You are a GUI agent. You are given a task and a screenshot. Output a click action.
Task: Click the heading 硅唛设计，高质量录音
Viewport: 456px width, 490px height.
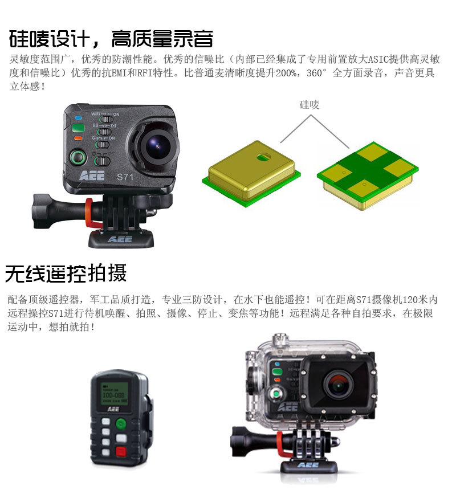click(x=111, y=39)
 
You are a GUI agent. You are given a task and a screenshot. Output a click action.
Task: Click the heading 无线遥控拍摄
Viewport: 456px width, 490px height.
click(x=66, y=273)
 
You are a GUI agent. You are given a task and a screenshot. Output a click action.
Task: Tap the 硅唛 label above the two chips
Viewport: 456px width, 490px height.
click(x=309, y=105)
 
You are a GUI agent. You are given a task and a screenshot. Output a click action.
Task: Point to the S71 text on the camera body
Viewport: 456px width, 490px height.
click(x=125, y=177)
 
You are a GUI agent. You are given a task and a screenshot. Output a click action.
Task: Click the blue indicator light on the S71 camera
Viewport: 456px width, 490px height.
click(x=78, y=118)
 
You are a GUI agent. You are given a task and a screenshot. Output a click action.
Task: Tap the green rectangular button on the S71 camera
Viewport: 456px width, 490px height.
click(x=78, y=128)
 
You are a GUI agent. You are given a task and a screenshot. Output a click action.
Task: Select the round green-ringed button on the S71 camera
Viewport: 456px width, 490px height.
click(x=78, y=157)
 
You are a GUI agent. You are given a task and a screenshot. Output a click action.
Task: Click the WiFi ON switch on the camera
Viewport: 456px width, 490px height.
click(x=106, y=119)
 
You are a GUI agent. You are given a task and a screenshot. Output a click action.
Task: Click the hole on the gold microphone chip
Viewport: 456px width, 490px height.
click(x=264, y=156)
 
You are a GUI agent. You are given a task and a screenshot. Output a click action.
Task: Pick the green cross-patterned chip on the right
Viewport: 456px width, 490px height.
click(x=368, y=175)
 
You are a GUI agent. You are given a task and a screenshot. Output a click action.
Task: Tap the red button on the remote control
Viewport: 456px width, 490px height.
click(x=121, y=451)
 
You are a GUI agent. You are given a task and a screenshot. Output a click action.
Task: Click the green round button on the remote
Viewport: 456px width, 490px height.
click(x=121, y=424)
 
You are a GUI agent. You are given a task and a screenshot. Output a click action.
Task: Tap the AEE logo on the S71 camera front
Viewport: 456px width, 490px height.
click(x=92, y=176)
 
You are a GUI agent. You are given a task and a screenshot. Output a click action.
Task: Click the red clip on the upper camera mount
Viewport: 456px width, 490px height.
click(x=90, y=213)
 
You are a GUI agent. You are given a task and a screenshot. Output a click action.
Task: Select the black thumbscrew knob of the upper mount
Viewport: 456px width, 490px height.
click(x=40, y=211)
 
